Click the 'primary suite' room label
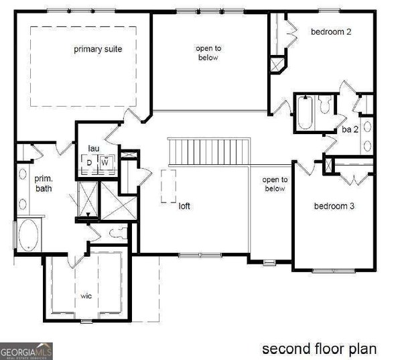pos(98,49)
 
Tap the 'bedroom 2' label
pos(331,32)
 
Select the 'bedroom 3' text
pos(334,206)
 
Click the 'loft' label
pos(184,206)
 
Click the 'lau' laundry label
pos(93,148)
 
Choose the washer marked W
pos(105,162)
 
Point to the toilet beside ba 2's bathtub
pos(325,105)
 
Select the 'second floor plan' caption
pos(319,349)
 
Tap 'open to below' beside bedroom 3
pos(275,184)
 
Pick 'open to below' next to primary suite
pos(208,53)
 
